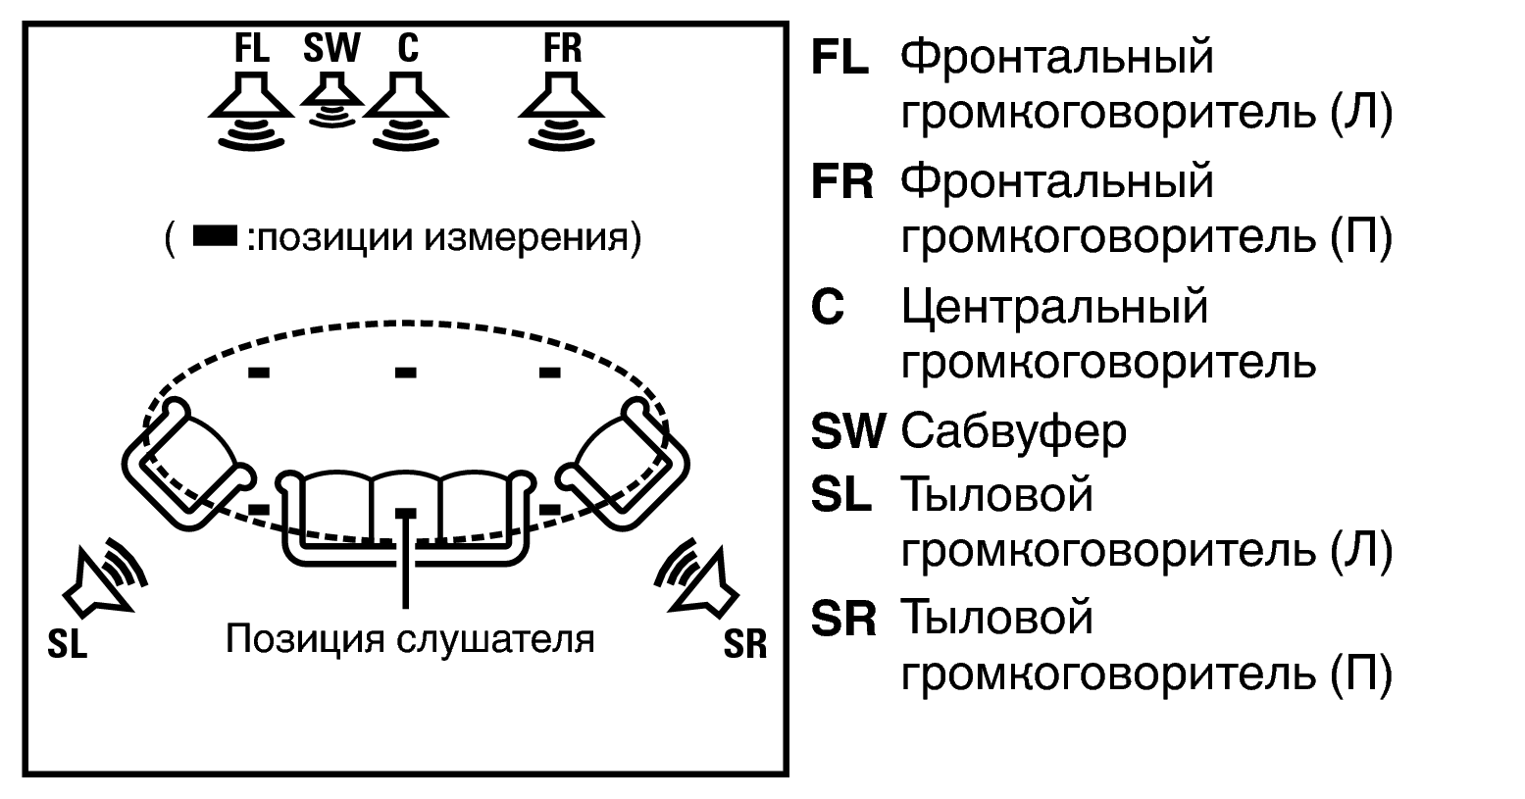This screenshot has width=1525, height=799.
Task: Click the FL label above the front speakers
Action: tap(252, 48)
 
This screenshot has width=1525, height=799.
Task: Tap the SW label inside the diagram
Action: tap(331, 47)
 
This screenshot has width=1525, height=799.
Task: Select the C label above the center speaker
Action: tap(407, 48)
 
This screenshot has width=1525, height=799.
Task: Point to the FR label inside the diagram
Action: tap(563, 48)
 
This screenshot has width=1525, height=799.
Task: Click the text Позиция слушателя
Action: tap(410, 639)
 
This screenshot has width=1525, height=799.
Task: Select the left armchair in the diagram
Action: tap(188, 459)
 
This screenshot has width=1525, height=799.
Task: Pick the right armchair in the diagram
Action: tap(625, 459)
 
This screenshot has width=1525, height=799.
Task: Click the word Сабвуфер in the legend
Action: tap(1013, 431)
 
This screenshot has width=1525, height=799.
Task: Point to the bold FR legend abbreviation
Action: tap(841, 183)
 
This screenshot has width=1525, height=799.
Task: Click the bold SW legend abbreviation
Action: tap(848, 431)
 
